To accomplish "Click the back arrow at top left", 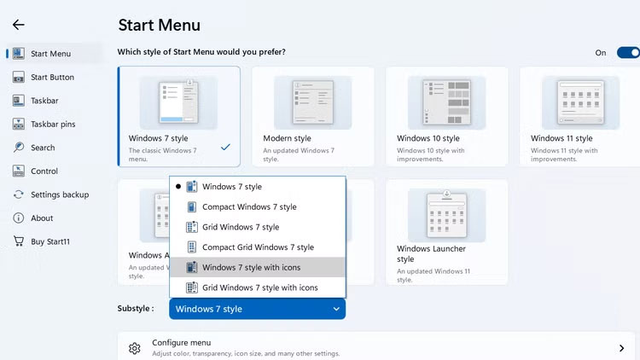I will (18, 25).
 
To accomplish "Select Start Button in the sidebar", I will (52, 78).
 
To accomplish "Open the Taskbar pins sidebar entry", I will (53, 125).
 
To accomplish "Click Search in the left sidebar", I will (43, 148).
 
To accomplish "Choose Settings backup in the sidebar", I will (58, 195).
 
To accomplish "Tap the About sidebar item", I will (42, 218).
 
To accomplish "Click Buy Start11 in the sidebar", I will (50, 241).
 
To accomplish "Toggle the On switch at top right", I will (628, 53).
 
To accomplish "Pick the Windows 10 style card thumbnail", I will (447, 102).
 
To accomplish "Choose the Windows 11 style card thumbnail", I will (580, 102).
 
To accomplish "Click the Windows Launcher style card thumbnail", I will (447, 213).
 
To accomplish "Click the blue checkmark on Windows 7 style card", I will (225, 147).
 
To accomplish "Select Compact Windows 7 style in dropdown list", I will (249, 207).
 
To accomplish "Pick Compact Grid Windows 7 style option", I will (258, 247).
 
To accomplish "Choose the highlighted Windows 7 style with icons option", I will (251, 268).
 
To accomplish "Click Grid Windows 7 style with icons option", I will (259, 288).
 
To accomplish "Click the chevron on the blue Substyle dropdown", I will (336, 310).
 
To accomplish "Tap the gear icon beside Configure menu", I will (134, 348).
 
